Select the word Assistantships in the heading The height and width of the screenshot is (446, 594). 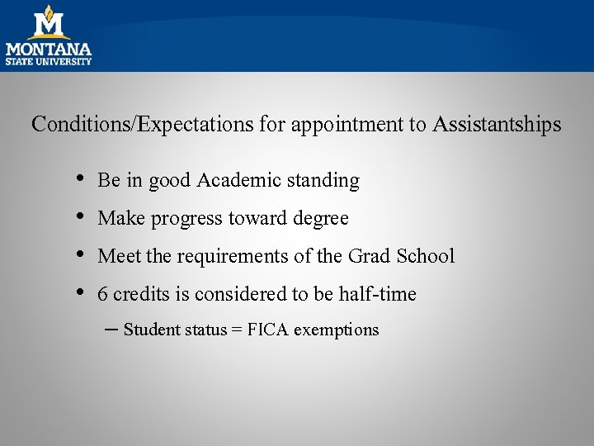tap(497, 125)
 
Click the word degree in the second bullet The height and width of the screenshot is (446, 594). tap(321, 219)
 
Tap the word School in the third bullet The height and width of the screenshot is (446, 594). tap(425, 256)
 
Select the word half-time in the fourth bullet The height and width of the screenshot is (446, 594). tap(377, 294)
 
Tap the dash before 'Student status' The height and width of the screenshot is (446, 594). tap(113, 328)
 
